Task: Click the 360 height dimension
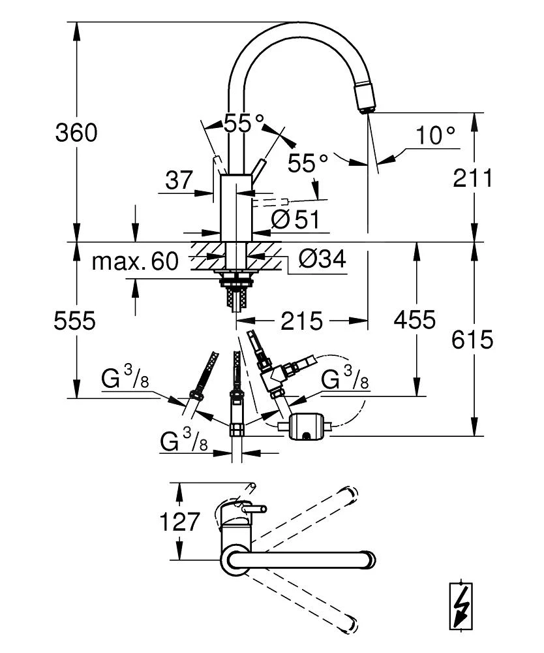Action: click(x=76, y=133)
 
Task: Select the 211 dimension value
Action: click(x=473, y=177)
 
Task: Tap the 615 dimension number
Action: click(x=473, y=339)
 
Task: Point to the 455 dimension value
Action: click(x=414, y=320)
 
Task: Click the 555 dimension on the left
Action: click(x=75, y=321)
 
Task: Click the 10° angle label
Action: click(x=436, y=136)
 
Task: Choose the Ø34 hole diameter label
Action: click(x=322, y=260)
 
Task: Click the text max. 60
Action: click(x=135, y=262)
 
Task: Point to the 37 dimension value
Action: click(x=180, y=180)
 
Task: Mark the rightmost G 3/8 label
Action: click(x=346, y=379)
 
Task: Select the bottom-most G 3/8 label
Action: click(x=185, y=443)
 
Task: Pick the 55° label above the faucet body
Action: click(x=244, y=122)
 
